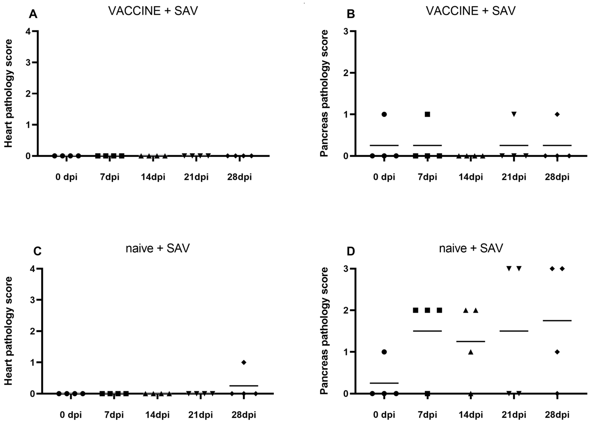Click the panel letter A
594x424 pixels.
pyautogui.click(x=33, y=14)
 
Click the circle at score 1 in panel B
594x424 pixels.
pyautogui.click(x=384, y=114)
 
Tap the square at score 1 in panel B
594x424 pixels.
pyautogui.click(x=427, y=114)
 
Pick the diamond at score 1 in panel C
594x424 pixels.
pyautogui.click(x=244, y=362)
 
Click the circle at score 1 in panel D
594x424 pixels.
pyautogui.click(x=384, y=352)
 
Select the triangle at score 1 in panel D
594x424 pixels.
pyautogui.click(x=471, y=352)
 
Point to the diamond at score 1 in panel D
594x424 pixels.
pyautogui.click(x=557, y=352)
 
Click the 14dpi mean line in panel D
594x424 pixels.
pyautogui.click(x=471, y=341)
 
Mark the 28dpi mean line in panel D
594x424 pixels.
pyautogui.click(x=557, y=320)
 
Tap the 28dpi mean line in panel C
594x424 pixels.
pyautogui.click(x=244, y=386)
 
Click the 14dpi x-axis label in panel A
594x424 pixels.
pyautogui.click(x=153, y=177)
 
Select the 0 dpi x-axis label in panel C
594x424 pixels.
pyautogui.click(x=71, y=415)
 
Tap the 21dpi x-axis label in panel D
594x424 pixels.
pyautogui.click(x=514, y=415)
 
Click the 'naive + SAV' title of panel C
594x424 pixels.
pyautogui.click(x=158, y=248)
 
